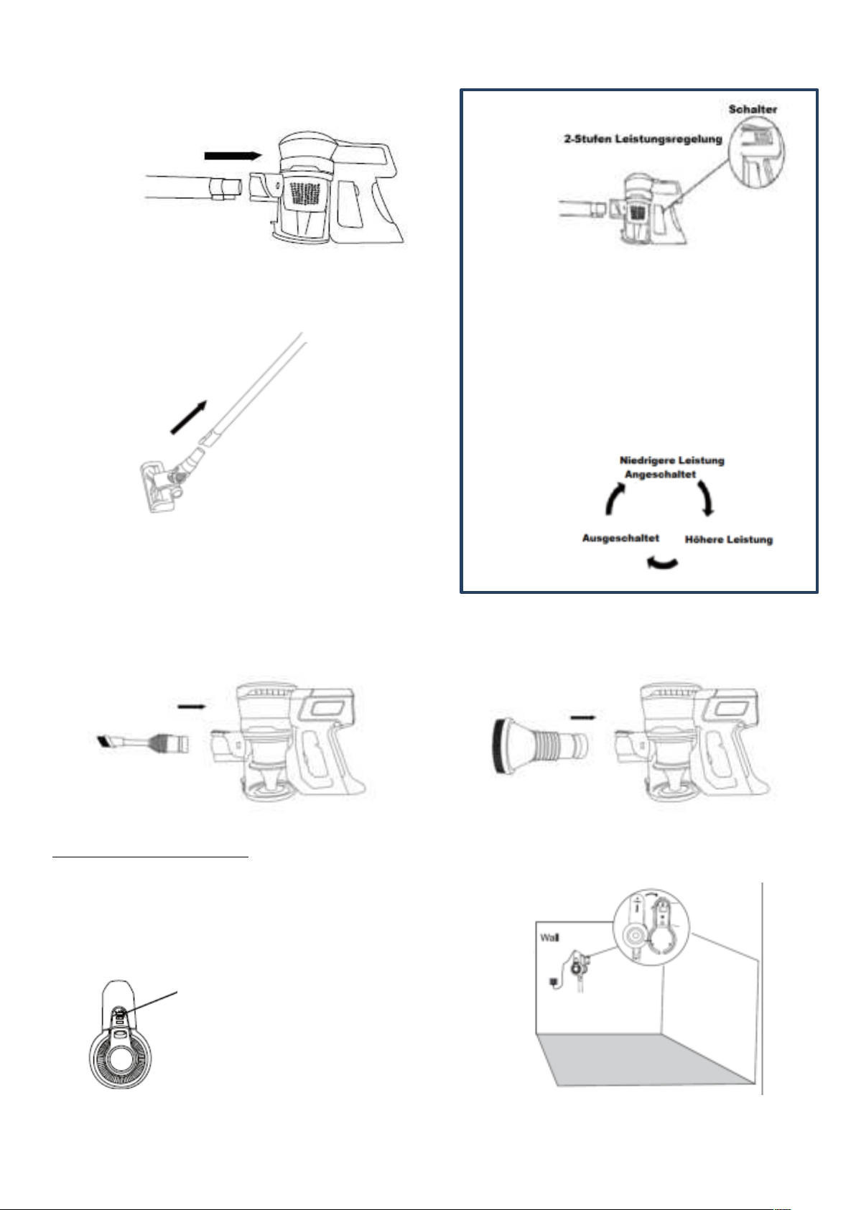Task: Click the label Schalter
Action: tap(753, 109)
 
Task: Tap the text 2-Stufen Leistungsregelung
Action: tap(642, 139)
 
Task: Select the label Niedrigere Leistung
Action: tap(672, 461)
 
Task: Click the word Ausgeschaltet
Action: tap(620, 539)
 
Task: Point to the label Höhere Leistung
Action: tap(729, 539)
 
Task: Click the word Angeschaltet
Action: tap(660, 475)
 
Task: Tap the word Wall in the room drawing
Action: tap(549, 937)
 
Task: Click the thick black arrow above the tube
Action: tap(233, 156)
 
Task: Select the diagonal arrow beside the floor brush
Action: tap(188, 416)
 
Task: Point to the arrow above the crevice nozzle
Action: tap(192, 706)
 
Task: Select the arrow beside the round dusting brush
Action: tap(583, 717)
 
